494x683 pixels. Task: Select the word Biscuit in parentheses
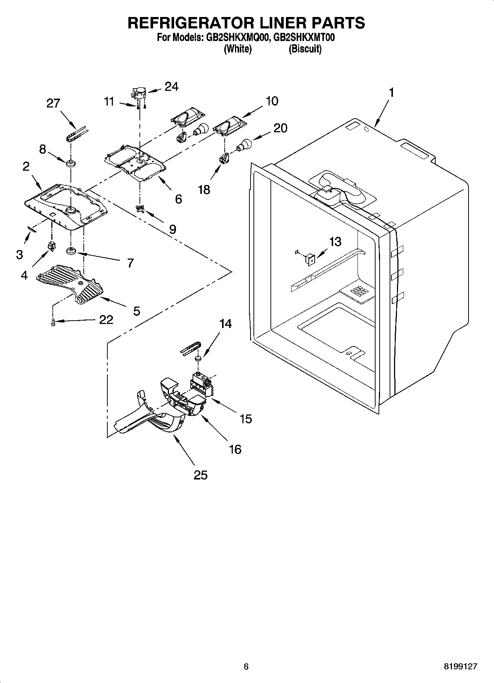point(305,49)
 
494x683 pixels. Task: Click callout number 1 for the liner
point(391,92)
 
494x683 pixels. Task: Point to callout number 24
point(172,86)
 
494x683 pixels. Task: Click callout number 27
point(53,103)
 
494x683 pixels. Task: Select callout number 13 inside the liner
point(335,242)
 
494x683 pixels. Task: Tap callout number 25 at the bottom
point(200,475)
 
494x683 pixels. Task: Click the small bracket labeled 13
point(310,259)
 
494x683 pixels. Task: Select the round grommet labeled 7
point(70,252)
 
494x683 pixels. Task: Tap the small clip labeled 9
point(140,209)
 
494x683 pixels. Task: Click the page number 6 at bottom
point(246,667)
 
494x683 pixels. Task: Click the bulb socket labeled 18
point(224,159)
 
